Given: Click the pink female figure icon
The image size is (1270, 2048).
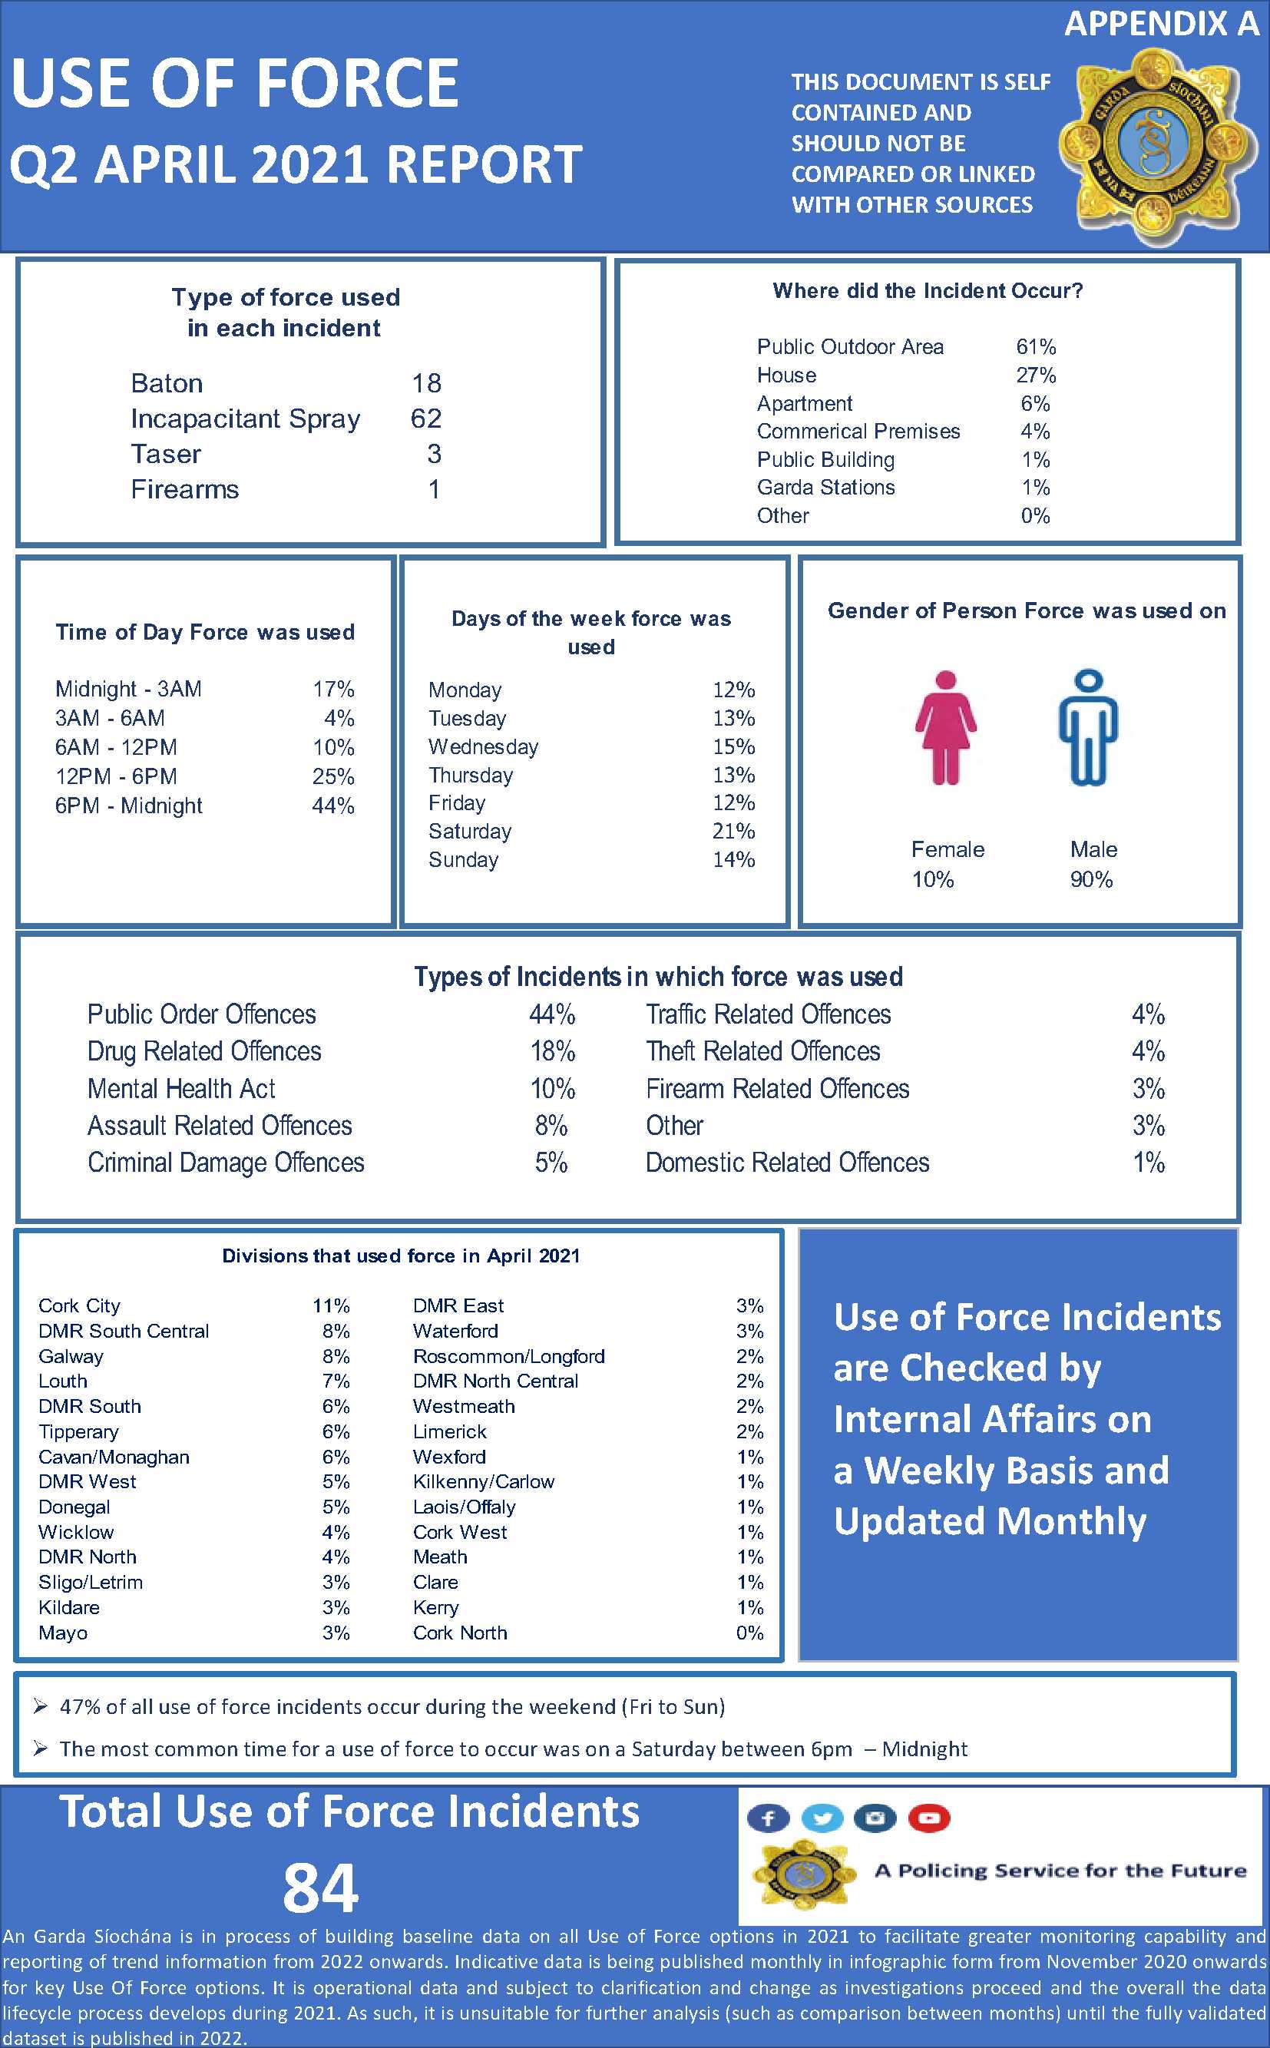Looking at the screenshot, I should point(945,727).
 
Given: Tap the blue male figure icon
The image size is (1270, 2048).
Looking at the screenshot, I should point(1088,727).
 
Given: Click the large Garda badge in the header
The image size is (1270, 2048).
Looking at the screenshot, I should point(1157,145).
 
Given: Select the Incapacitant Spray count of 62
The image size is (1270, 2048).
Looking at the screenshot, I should point(426,419).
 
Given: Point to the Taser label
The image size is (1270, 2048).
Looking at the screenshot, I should point(167,455).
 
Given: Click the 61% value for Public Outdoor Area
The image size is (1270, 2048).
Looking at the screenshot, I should point(1036,347).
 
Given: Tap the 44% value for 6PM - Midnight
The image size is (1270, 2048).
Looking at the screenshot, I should point(332,806).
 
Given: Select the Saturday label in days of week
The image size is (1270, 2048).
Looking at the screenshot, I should point(469,832).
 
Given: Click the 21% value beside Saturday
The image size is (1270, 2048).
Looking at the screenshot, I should point(733,832).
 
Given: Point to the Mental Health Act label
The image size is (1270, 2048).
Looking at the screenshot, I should point(181,1089).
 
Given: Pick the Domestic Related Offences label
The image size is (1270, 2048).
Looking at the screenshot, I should point(787,1163).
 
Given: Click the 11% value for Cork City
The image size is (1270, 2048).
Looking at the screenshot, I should point(331,1305).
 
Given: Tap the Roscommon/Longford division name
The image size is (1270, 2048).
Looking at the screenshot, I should point(508,1356).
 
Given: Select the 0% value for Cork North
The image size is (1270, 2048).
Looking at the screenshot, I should point(749,1633).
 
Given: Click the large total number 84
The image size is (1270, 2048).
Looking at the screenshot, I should point(320,1888).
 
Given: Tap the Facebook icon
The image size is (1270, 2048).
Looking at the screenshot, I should point(768,1818).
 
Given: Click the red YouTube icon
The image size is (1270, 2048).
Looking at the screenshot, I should point(928,1818).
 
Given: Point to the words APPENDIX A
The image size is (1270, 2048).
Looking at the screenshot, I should point(1161,24).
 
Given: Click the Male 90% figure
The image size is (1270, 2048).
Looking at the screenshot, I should point(1091,879).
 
